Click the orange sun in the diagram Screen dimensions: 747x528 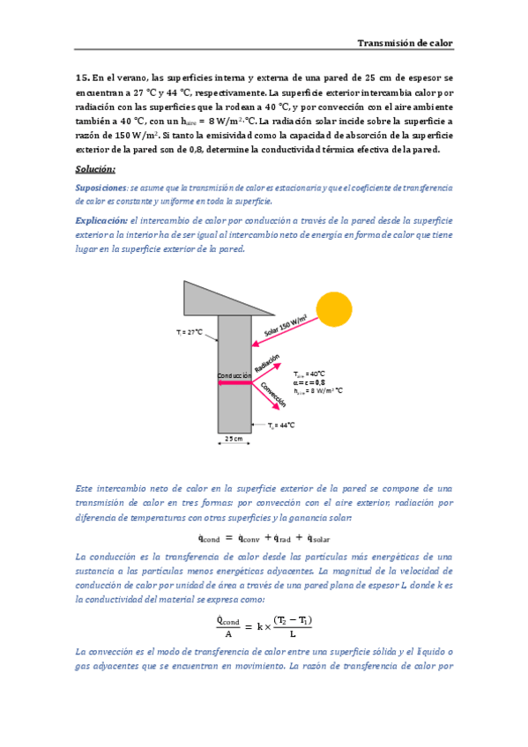334,308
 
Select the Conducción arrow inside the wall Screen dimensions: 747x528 234,383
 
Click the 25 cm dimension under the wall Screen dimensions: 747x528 234,438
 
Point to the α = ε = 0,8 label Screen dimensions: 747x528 310,381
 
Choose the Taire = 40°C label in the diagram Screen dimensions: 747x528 309,373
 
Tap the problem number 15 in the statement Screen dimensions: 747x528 83,78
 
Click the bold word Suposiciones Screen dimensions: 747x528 100,189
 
